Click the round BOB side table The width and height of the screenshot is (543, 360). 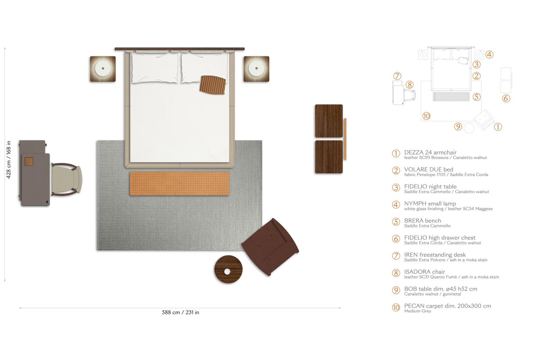pyautogui.click(x=228, y=270)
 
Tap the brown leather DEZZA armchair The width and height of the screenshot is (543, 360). pyautogui.click(x=270, y=247)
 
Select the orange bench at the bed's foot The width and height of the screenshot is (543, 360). pyautogui.click(x=180, y=183)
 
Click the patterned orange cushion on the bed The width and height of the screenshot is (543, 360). pyautogui.click(x=212, y=85)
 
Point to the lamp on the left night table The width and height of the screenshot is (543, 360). pyautogui.click(x=103, y=68)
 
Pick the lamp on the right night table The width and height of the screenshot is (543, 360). pyautogui.click(x=256, y=68)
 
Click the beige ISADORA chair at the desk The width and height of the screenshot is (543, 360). pyautogui.click(x=66, y=179)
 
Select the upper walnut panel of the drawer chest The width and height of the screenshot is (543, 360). pyautogui.click(x=329, y=121)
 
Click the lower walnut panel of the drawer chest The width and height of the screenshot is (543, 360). pyautogui.click(x=329, y=157)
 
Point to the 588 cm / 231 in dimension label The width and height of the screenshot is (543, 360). pyautogui.click(x=180, y=313)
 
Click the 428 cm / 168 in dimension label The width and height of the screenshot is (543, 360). pyautogui.click(x=8, y=160)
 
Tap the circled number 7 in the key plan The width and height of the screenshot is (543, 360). pyautogui.click(x=397, y=76)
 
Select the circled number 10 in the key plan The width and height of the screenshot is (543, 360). pyautogui.click(x=426, y=116)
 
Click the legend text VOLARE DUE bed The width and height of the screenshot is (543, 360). pyautogui.click(x=429, y=169)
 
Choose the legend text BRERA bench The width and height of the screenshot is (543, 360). pyautogui.click(x=422, y=220)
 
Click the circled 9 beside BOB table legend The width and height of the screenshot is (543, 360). pyautogui.click(x=396, y=290)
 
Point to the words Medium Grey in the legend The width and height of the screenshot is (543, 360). pyautogui.click(x=418, y=311)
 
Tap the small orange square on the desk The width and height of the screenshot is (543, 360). pyautogui.click(x=29, y=161)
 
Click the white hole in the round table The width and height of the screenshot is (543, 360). pyautogui.click(x=227, y=272)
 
